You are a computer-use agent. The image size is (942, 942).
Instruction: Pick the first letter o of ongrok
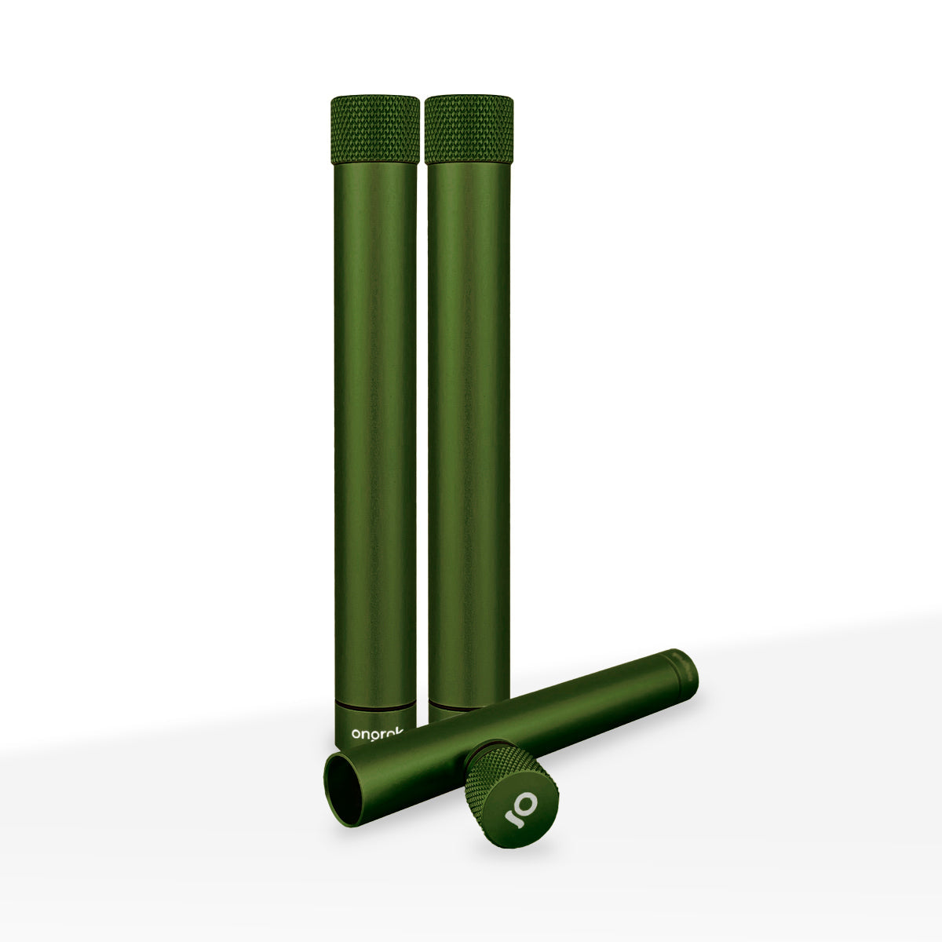click(x=357, y=735)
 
